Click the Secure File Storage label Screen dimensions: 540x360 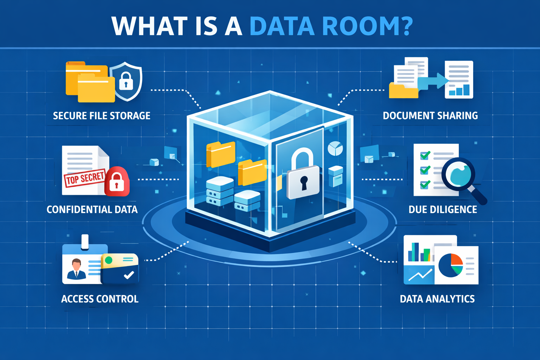click(x=102, y=116)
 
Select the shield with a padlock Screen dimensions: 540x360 click(x=126, y=81)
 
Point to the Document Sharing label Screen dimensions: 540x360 click(x=430, y=116)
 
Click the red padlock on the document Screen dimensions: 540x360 click(x=117, y=181)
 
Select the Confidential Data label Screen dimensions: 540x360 click(x=92, y=210)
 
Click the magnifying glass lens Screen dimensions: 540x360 click(x=458, y=174)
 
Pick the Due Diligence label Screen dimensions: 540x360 click(x=443, y=210)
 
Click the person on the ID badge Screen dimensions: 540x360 click(x=76, y=269)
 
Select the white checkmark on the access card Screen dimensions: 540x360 click(x=129, y=275)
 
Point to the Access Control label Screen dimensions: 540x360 click(x=100, y=299)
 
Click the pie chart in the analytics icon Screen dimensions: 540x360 click(x=451, y=265)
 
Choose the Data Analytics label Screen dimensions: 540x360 click(x=437, y=299)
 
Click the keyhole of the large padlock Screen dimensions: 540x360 click(x=304, y=183)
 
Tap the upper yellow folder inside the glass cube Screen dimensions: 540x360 click(x=220, y=154)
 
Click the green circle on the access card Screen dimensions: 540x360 click(x=109, y=260)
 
